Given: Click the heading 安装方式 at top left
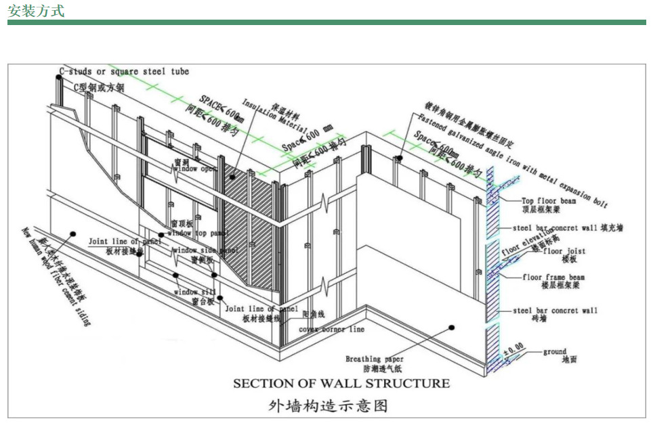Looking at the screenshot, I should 36,10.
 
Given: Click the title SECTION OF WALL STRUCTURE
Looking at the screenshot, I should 341,383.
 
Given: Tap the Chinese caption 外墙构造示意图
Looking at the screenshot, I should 328,406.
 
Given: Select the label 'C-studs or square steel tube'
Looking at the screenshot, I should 124,72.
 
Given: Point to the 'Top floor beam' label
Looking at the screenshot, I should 548,201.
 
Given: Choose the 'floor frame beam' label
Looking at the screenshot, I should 553,277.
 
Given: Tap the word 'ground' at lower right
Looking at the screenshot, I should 555,352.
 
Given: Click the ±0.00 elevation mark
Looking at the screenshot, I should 514,347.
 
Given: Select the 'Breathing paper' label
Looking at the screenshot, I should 375,359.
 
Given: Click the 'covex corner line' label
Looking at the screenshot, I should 332,330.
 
